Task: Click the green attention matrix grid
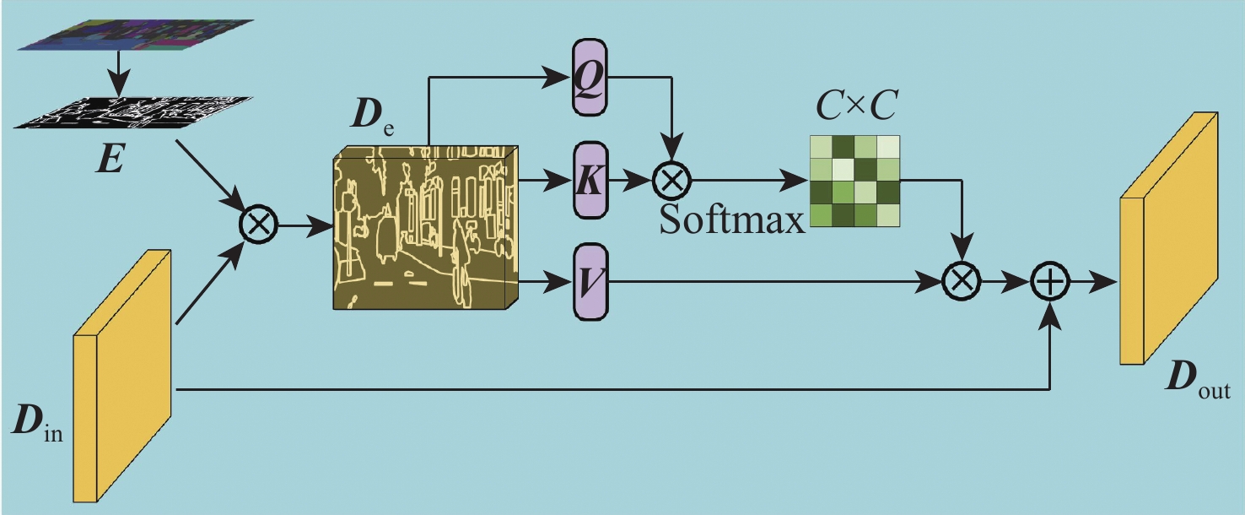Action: coord(854,182)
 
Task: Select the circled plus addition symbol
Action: coord(1049,281)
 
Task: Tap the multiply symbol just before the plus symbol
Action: coord(962,281)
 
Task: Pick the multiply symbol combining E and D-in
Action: coord(258,225)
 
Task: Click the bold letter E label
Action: coord(110,159)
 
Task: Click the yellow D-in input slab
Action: coord(122,376)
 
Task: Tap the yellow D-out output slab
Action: coord(1168,238)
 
